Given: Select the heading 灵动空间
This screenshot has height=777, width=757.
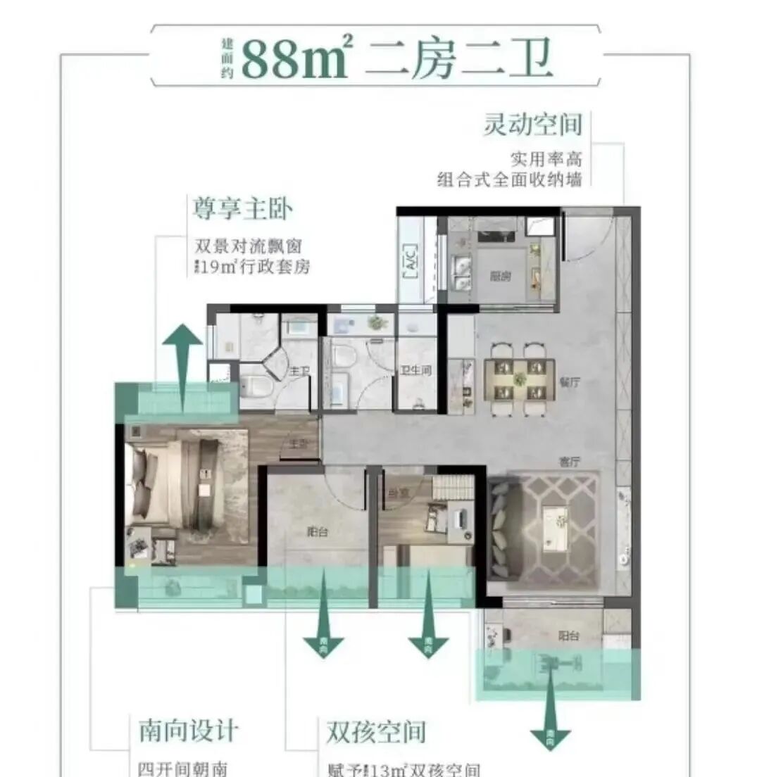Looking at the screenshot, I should click(532, 125).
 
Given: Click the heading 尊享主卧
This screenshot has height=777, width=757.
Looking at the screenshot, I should click(243, 209).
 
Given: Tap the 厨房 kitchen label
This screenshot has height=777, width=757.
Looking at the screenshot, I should click(501, 277).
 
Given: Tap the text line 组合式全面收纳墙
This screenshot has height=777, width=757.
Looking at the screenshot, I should click(509, 180).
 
